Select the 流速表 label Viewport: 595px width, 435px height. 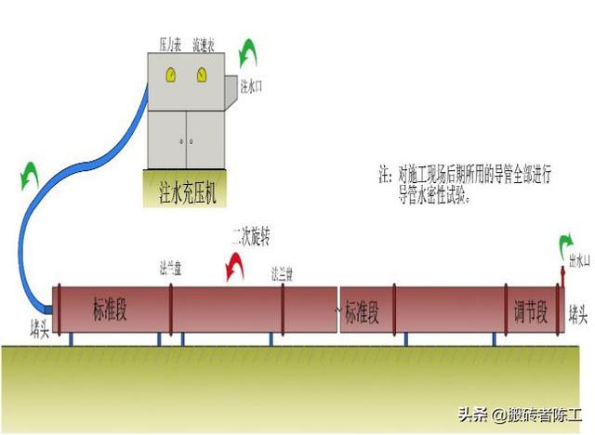(205, 44)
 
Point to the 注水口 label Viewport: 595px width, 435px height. (252, 86)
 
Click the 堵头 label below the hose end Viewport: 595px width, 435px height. (40, 330)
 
